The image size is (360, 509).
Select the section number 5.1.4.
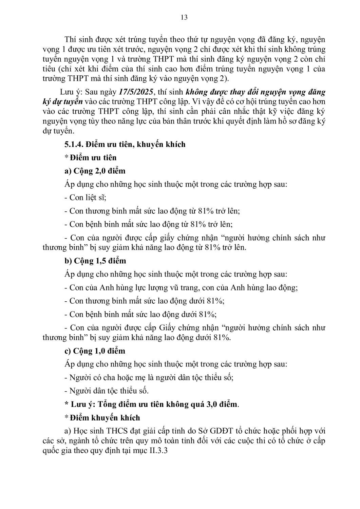tap(74, 144)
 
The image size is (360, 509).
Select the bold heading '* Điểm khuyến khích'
tap(102, 418)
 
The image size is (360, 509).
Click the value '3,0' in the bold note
tap(212, 404)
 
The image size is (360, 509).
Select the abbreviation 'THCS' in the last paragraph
tap(117, 431)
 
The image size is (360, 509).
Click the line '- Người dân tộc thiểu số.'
tap(107, 391)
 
